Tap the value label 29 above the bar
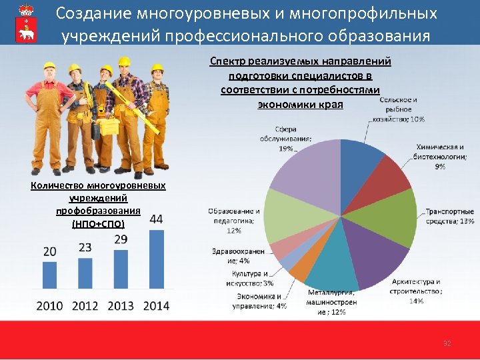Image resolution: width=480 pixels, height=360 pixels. (x=121, y=239)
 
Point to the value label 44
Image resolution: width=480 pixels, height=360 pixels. (x=157, y=219)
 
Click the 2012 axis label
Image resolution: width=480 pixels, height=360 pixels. (x=85, y=306)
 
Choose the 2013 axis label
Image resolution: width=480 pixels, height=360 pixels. (x=121, y=306)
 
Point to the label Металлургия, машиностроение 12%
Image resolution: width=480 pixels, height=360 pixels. (x=331, y=301)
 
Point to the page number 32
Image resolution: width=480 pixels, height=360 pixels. (x=447, y=344)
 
